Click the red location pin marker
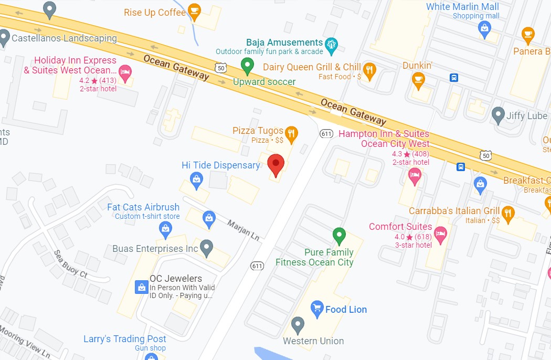click(275, 165)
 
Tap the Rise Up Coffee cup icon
click(194, 12)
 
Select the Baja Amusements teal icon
click(331, 45)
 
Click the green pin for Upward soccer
click(247, 66)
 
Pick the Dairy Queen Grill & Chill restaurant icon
click(369, 71)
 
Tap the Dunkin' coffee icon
click(418, 80)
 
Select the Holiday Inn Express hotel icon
click(125, 73)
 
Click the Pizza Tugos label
click(258, 131)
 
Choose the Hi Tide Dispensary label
click(220, 165)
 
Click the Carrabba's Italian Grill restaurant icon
click(508, 213)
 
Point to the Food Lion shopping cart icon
click(316, 308)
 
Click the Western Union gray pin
click(298, 325)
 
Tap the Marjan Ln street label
click(243, 230)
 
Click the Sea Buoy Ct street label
click(70, 264)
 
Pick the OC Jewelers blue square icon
click(141, 287)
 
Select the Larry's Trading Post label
click(125, 339)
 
